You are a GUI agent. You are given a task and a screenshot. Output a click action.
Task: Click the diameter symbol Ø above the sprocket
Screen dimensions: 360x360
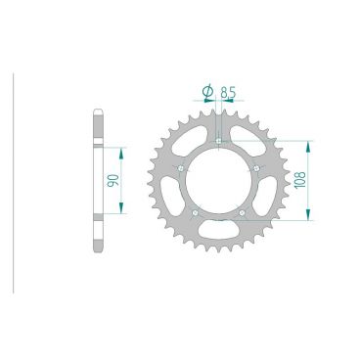coord(206,93)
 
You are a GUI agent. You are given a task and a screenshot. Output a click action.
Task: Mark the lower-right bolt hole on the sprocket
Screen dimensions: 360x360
coord(243,212)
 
